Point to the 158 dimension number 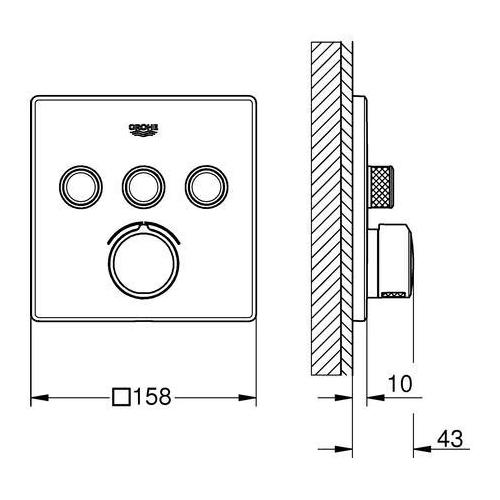[156, 397]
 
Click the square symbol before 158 [122, 397]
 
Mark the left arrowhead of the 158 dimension [37, 397]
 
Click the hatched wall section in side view [329, 200]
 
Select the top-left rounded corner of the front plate [38, 101]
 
